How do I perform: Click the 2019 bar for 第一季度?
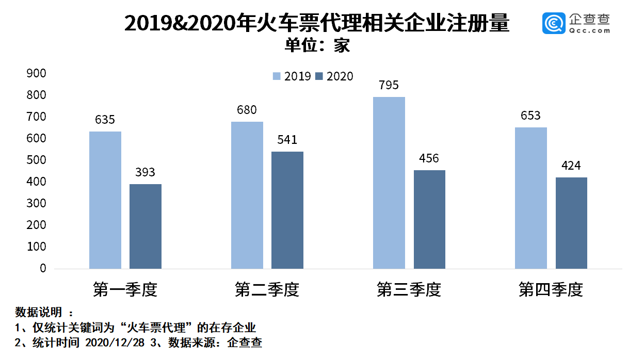(x=105, y=200)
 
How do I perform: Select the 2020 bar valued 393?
(x=145, y=226)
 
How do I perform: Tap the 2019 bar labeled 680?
(x=247, y=195)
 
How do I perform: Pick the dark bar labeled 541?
(x=287, y=210)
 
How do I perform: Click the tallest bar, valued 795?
(x=389, y=183)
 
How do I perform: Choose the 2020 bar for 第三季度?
(x=429, y=219)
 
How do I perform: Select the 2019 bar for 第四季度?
(x=530, y=198)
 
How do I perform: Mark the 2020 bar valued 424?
(x=571, y=223)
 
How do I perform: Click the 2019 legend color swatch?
(x=277, y=76)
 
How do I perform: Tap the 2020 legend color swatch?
(x=319, y=76)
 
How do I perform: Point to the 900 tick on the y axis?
(x=36, y=73)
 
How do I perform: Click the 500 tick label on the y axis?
(x=36, y=160)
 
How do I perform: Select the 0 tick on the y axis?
(x=43, y=268)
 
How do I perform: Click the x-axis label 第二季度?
(x=267, y=289)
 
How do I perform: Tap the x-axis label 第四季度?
(x=551, y=289)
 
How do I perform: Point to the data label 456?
(x=429, y=158)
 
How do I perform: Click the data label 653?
(x=530, y=116)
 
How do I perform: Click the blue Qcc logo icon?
(x=554, y=23)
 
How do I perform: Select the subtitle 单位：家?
(x=317, y=45)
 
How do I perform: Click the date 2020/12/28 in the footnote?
(x=115, y=342)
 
